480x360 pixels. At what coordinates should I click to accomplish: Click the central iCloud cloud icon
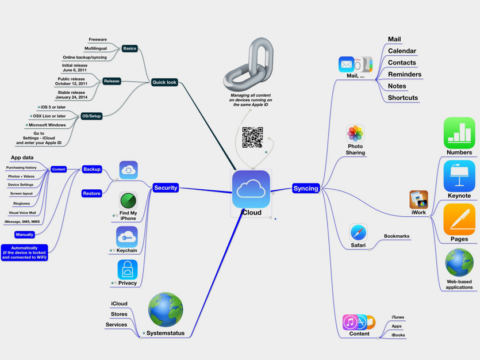coord(251,189)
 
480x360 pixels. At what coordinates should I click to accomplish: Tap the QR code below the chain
coord(252,137)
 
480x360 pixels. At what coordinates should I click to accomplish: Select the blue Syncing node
coord(305,188)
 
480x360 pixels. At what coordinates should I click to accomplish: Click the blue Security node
coord(166,187)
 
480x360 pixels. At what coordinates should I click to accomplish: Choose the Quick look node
coord(164,82)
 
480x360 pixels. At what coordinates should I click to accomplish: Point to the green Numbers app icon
coord(459,133)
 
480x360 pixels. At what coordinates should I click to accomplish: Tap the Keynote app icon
coord(459,176)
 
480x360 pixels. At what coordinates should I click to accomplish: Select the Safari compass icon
coord(358,232)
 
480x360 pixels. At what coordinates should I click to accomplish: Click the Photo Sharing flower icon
coord(355,133)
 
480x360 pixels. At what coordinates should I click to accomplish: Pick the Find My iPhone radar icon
coord(128,201)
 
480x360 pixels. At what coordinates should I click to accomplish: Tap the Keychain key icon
coord(127,236)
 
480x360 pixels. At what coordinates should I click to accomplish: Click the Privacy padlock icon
coord(128,269)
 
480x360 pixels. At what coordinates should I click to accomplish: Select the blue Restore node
coord(92,193)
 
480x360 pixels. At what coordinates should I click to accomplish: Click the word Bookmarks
coord(397,236)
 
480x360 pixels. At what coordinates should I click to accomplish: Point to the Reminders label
coord(404,74)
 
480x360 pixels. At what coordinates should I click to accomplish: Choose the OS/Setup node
coord(91,116)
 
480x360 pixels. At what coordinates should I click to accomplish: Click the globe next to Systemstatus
coord(166,309)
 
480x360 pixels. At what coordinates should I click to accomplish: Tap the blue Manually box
coord(25,235)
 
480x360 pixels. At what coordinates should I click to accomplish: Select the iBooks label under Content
coord(398,335)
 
